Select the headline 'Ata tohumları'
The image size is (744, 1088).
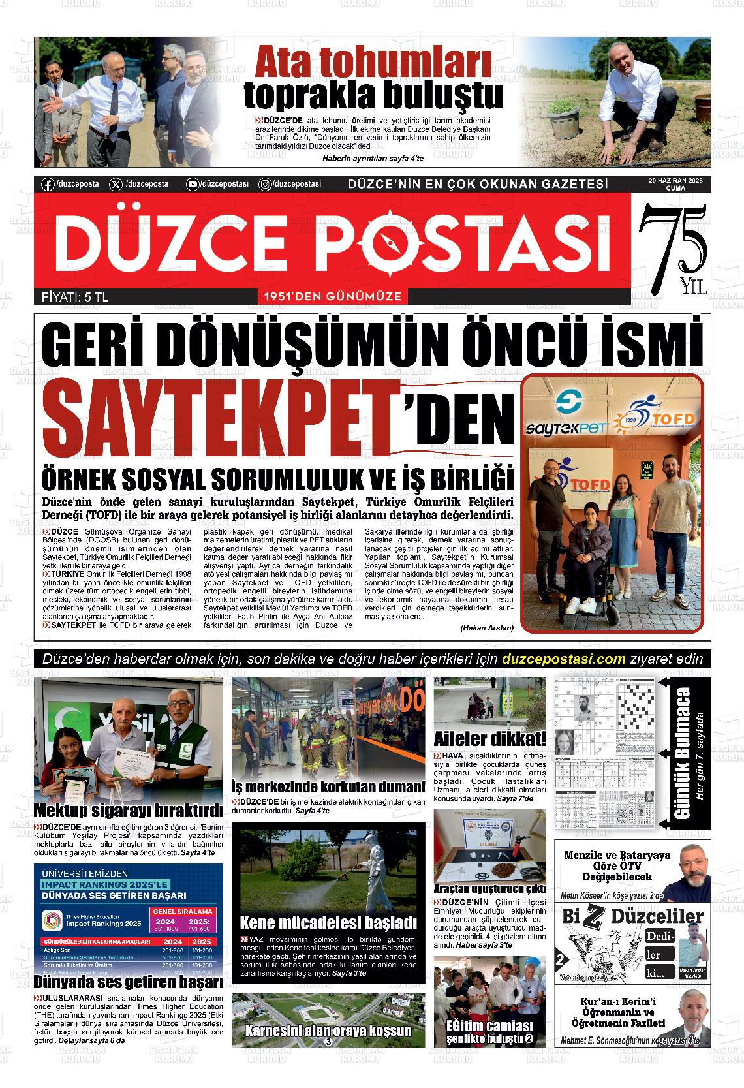coord(373,63)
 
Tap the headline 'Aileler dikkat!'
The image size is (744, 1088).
coord(490,739)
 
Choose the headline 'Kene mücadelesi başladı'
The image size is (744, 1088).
coord(328,923)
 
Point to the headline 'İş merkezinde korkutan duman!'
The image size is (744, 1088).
coord(328,786)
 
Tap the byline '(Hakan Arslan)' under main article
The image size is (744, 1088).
coord(486,627)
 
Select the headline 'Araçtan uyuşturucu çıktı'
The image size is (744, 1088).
coord(489,889)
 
